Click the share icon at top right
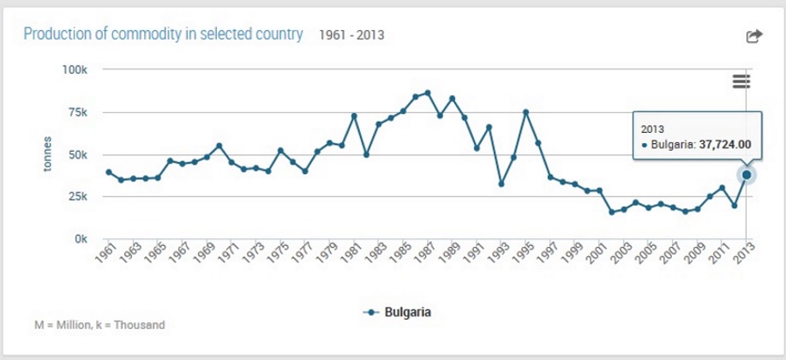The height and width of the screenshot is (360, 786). [x=753, y=36]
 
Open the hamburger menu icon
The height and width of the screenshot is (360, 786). [x=741, y=81]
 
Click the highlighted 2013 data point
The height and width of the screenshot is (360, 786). [x=747, y=175]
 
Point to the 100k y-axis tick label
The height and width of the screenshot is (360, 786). [x=75, y=69]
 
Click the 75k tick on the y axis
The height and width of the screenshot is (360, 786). [x=78, y=112]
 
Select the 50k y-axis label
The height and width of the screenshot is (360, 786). [x=78, y=155]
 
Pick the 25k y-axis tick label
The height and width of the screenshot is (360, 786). [x=78, y=197]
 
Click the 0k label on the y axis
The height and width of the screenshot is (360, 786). [x=81, y=239]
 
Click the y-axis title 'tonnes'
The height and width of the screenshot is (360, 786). [x=49, y=154]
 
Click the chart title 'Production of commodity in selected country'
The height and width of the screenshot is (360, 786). [x=163, y=34]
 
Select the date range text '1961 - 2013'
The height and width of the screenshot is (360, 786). [x=351, y=35]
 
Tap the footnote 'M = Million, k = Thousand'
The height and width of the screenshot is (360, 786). [x=99, y=326]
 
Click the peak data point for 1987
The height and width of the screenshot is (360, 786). [x=428, y=93]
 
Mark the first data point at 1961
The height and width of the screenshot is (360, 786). [x=109, y=172]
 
